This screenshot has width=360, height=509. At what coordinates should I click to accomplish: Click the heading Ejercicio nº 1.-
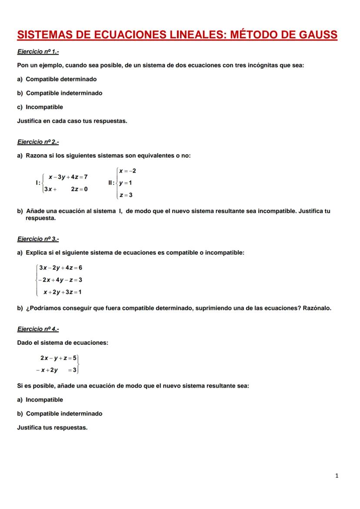click(x=38, y=52)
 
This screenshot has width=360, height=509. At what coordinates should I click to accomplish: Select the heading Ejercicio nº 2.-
click(x=38, y=142)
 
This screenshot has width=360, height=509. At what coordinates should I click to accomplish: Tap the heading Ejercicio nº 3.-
click(x=38, y=239)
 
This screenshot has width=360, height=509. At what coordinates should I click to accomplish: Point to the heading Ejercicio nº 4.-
click(x=38, y=329)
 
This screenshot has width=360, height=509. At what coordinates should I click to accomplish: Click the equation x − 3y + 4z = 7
click(x=68, y=177)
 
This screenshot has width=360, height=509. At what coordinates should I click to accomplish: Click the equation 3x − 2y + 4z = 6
click(x=61, y=268)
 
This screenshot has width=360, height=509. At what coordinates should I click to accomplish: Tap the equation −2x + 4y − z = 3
click(x=61, y=280)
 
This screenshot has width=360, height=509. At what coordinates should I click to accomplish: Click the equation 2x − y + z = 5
click(x=59, y=358)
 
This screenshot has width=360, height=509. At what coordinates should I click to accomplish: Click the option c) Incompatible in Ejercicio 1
click(x=40, y=107)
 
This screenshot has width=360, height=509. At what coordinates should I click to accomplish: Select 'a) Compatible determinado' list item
click(x=57, y=80)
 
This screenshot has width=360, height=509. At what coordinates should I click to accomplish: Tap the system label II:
click(x=111, y=183)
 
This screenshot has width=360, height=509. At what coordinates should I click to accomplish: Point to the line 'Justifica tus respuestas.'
click(x=52, y=428)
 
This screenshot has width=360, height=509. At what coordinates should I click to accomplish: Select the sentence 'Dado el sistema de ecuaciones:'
click(x=63, y=343)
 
